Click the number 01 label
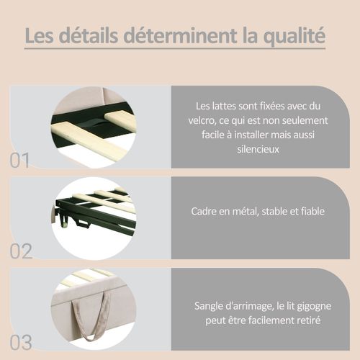pos(20,160)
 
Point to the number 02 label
pos(21,251)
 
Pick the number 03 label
pos(21,341)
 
